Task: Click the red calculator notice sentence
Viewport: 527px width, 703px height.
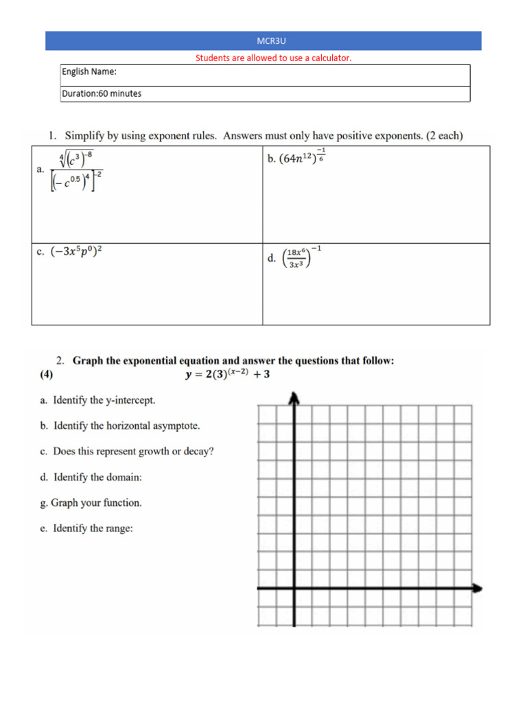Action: tap(273, 58)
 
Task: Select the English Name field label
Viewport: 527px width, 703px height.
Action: tap(89, 71)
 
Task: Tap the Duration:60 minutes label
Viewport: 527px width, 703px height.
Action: tap(102, 93)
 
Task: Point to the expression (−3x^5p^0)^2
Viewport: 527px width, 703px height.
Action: tap(76, 251)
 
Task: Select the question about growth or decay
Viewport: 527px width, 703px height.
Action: tap(133, 451)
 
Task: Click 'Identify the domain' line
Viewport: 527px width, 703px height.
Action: tap(97, 477)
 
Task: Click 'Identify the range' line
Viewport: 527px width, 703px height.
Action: tap(93, 528)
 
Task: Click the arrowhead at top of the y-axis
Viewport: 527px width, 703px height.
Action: tap(294, 397)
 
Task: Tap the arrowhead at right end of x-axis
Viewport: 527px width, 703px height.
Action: tap(477, 588)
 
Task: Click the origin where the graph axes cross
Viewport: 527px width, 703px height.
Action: tap(294, 588)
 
